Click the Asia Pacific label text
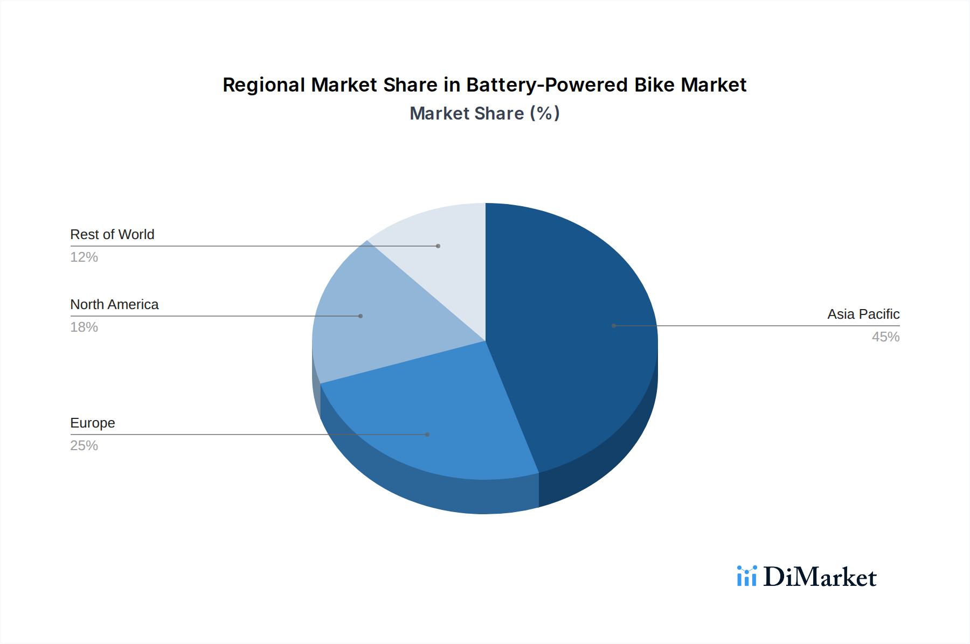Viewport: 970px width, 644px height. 863,314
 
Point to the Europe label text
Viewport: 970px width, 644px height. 93,423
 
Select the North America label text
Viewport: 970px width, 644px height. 114,304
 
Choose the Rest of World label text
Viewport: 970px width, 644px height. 112,234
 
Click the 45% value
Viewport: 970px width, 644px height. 885,337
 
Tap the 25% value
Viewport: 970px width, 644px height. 84,446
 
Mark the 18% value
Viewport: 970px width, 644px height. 84,327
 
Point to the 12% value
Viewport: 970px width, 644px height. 84,257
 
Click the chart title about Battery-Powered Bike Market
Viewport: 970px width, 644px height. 484,85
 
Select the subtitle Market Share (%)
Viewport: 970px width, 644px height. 484,114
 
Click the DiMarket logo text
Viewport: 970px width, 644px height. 820,577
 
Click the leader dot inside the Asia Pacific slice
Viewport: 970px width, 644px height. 614,326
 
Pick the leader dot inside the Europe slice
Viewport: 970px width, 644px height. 427,435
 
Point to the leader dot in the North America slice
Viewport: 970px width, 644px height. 361,316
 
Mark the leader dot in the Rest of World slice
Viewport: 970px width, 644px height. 438,246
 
